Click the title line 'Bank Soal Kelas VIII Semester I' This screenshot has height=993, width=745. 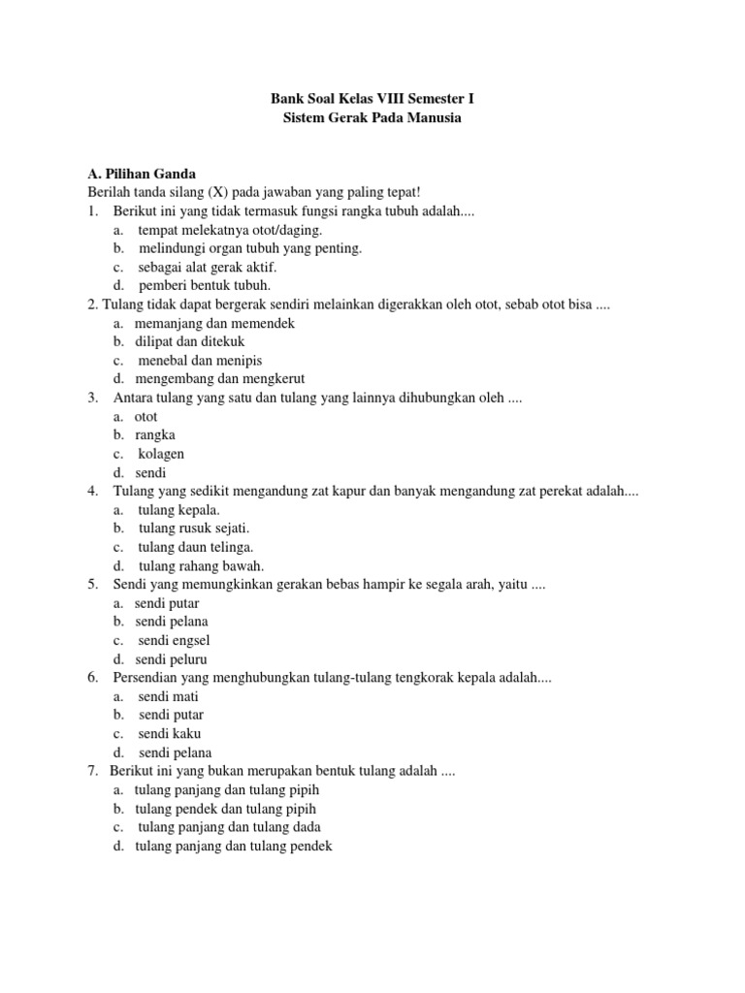coord(372,99)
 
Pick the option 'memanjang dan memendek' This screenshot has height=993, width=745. coord(214,323)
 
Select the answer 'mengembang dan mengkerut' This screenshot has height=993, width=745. coord(220,379)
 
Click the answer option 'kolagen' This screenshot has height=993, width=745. coord(161,454)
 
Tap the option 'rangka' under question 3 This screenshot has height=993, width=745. coord(155,435)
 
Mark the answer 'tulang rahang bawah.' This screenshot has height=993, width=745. coord(202,565)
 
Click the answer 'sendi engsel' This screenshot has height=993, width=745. coord(174,641)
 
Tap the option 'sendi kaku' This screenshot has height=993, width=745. coord(170,734)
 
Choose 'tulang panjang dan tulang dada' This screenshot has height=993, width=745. coord(230,827)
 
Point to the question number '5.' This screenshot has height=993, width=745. coord(93,585)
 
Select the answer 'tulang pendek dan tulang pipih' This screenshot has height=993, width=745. coord(226,809)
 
